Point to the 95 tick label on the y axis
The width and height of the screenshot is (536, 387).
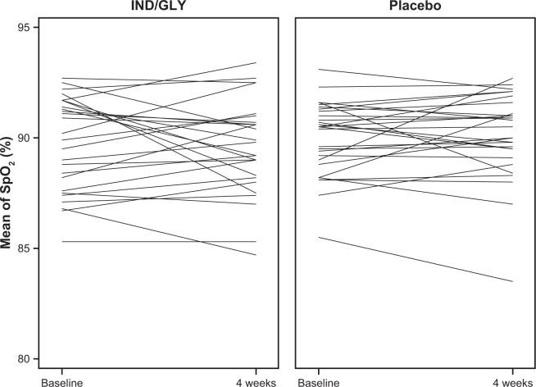(x=23, y=28)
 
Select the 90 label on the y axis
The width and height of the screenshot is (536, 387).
(x=23, y=138)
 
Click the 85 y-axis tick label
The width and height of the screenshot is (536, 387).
(x=23, y=248)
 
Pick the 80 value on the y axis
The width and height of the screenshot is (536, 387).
(x=23, y=358)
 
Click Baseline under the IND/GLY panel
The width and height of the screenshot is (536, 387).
(x=62, y=380)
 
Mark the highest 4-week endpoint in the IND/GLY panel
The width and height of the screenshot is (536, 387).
(x=257, y=63)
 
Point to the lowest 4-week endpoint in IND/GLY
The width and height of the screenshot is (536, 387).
(x=257, y=255)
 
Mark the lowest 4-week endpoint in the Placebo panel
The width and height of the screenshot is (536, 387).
(x=513, y=281)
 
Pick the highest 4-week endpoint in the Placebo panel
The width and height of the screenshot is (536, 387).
(x=513, y=78)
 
